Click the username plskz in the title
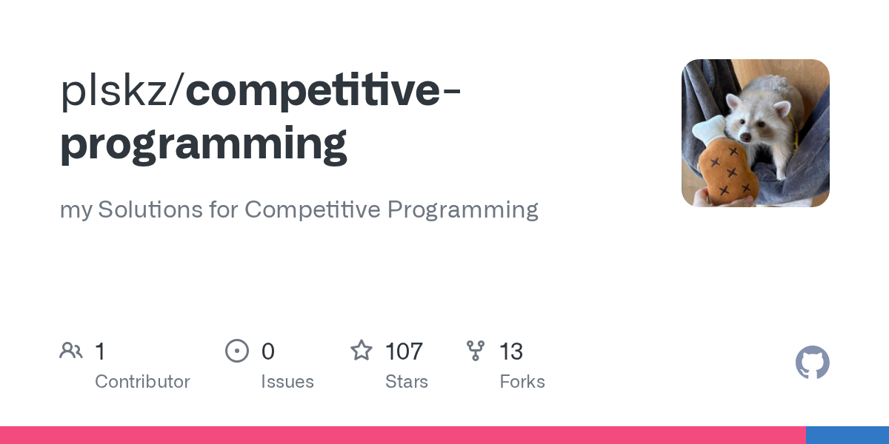[x=113, y=91]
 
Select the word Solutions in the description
[x=150, y=209]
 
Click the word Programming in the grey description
[x=462, y=210]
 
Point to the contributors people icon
[x=71, y=351]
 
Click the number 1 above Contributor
[x=100, y=351]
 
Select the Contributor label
[x=142, y=382]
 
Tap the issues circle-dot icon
[x=237, y=351]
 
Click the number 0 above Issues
[x=268, y=351]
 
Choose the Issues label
[x=287, y=382]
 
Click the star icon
[x=362, y=351]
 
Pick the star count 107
[x=404, y=351]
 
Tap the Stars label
[x=407, y=382]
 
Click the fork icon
[x=476, y=351]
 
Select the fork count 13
[x=511, y=351]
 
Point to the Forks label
[x=522, y=382]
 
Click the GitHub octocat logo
[x=813, y=363]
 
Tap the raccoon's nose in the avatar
[x=745, y=137]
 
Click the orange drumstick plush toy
[x=724, y=163]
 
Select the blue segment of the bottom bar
[x=848, y=435]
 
